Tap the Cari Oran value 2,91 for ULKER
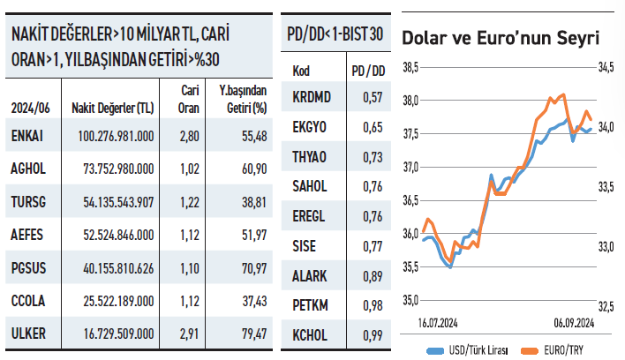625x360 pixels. (187, 334)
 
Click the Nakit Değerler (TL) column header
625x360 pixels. (115, 108)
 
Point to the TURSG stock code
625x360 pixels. (29, 202)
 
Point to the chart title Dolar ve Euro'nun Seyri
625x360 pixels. (501, 38)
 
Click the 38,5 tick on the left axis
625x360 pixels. (410, 67)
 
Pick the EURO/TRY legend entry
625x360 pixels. (560, 349)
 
